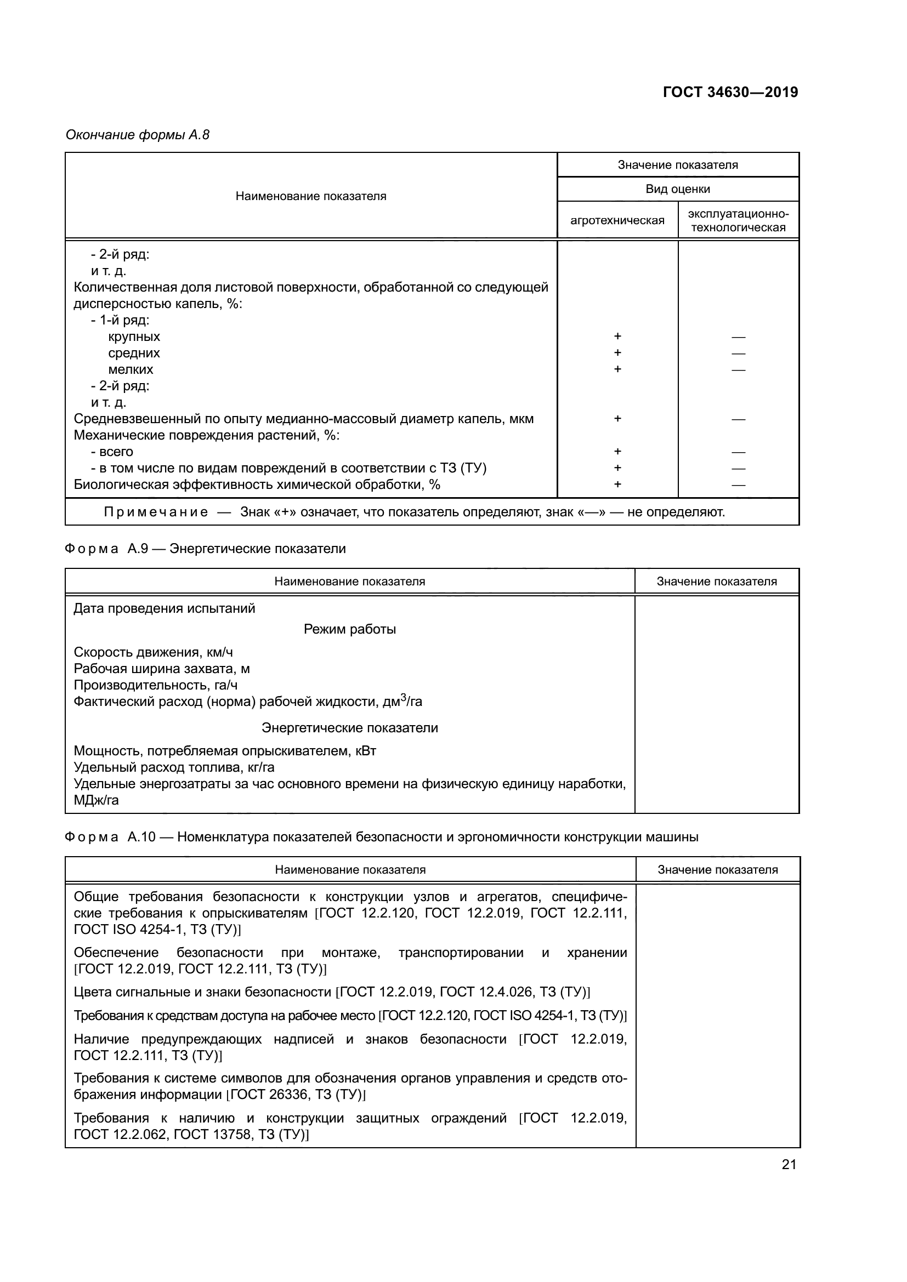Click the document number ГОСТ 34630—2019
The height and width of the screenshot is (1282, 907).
coord(730,92)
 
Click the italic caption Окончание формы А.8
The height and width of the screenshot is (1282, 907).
coord(138,135)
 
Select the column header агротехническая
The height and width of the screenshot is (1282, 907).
coord(617,220)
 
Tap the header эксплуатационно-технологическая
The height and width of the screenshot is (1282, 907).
coord(738,220)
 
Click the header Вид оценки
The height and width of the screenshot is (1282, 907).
coord(677,189)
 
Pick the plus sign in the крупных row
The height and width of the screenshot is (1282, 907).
coord(617,336)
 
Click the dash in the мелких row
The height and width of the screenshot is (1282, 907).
coord(738,369)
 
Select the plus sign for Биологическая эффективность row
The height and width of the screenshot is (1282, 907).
coord(617,484)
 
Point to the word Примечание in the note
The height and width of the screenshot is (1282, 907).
coord(156,512)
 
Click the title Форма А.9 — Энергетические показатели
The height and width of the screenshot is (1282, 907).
coord(206,549)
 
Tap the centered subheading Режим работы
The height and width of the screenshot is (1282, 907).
coord(350,629)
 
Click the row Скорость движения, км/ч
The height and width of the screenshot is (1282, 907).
coord(153,652)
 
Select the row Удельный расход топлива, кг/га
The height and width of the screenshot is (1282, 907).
coord(174,767)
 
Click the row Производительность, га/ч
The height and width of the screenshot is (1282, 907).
coord(155,685)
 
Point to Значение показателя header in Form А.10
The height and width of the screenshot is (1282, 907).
coord(717,869)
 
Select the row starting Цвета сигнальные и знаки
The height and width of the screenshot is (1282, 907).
coord(332,992)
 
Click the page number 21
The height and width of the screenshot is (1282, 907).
coord(789,1164)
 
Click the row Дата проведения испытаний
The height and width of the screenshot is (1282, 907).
coord(164,608)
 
